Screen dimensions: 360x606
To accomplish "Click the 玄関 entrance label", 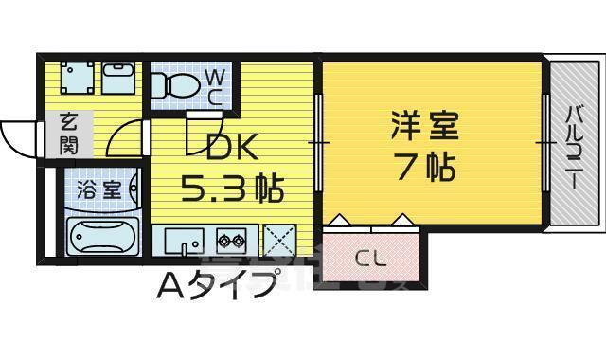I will tap(68, 133).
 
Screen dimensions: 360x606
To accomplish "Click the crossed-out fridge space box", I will tap(278, 238).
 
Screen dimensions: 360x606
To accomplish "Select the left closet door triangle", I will tap(342, 221).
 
